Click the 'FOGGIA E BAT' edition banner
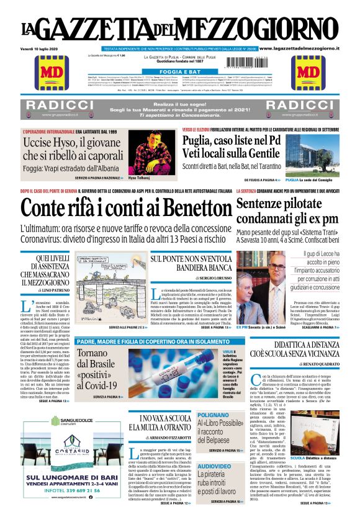tap(179, 71)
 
